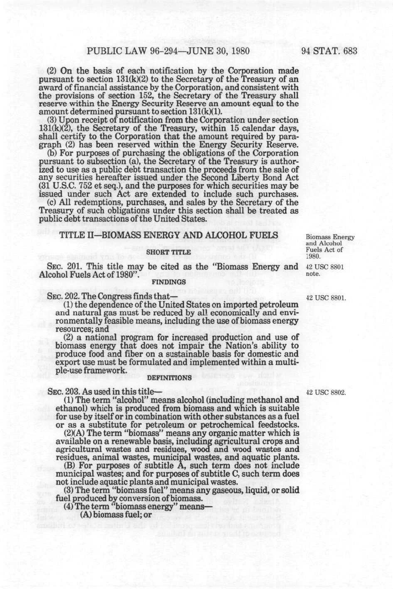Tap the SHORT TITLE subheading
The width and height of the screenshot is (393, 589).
[x=168, y=252]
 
